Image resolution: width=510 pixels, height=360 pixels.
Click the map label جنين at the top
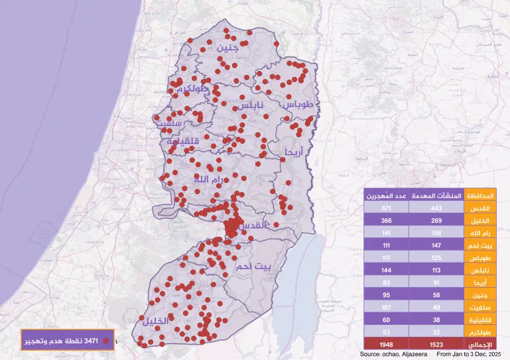[x=227, y=48]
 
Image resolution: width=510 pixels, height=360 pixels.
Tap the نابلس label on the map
[x=251, y=105]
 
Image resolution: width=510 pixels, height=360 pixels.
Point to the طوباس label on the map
[x=302, y=105]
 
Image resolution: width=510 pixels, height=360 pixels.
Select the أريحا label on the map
[x=292, y=152]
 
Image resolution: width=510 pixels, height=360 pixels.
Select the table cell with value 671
[x=386, y=209]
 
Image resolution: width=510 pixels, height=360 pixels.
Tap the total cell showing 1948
[x=386, y=345]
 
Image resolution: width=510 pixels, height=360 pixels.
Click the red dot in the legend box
[x=105, y=341]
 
